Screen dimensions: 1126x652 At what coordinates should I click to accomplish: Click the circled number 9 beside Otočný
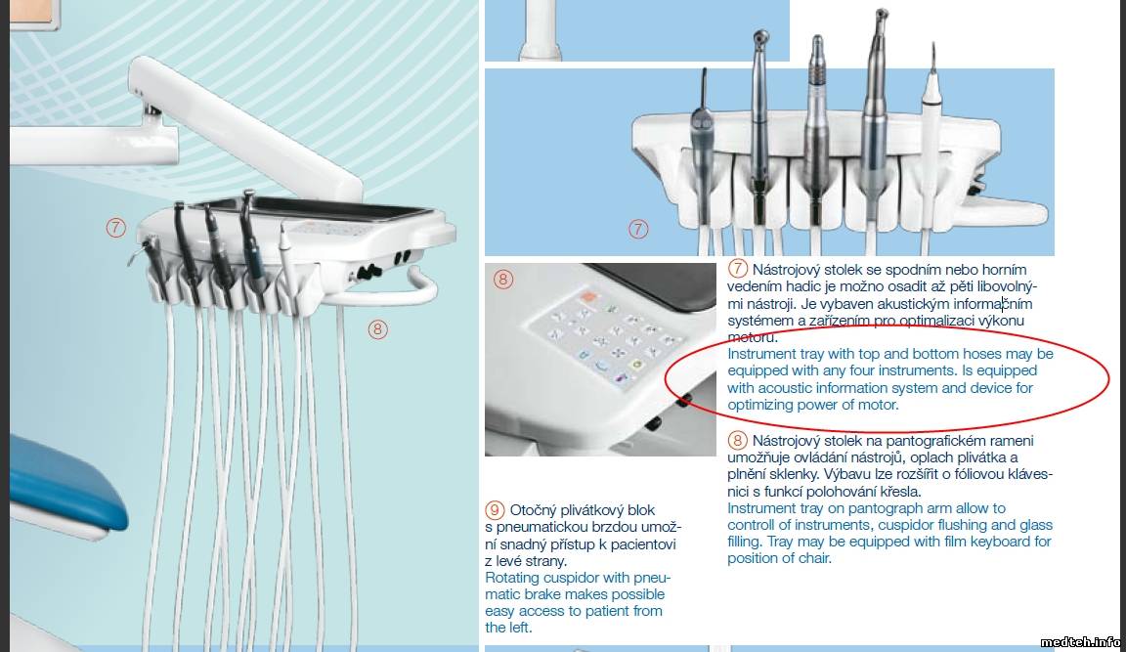495,510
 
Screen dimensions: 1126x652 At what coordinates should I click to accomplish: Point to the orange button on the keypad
588,296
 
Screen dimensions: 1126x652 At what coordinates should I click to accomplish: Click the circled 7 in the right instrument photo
638,229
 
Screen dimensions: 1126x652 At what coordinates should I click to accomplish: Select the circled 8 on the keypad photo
503,279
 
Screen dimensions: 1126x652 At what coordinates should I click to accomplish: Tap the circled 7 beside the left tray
115,228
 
